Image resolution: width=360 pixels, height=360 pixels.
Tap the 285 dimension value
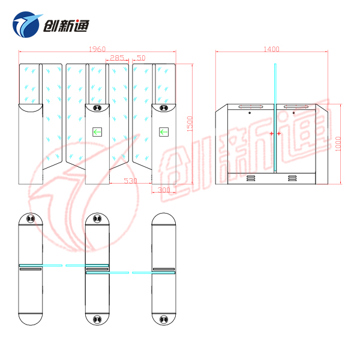(117, 58)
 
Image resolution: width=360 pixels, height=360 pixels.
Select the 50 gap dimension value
(141, 58)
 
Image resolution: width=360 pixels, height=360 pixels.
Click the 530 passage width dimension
(130, 181)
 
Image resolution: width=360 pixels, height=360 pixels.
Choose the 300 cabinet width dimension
(163, 190)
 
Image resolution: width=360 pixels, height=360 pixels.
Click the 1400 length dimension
(271, 49)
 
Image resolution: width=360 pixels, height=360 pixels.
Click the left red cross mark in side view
(271, 133)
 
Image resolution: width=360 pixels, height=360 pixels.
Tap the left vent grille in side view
(250, 178)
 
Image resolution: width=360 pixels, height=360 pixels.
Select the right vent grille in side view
(292, 178)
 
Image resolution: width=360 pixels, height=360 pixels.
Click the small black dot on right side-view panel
(293, 112)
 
